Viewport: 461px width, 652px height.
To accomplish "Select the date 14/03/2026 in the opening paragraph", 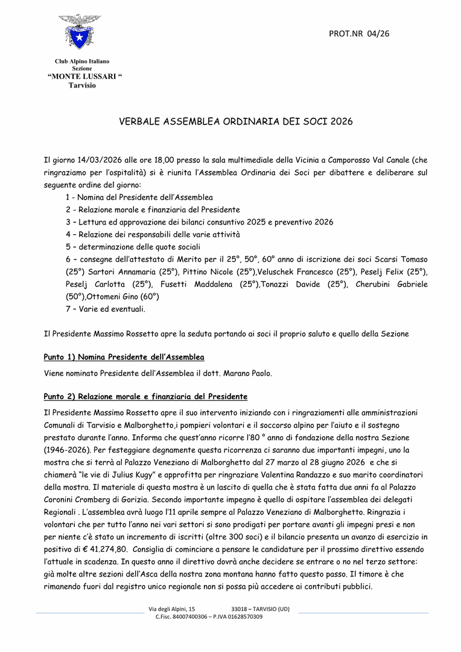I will click(100, 160).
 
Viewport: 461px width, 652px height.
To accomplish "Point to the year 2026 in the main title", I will click(340, 121).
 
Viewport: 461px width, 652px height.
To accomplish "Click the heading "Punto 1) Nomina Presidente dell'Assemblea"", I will click(124, 357).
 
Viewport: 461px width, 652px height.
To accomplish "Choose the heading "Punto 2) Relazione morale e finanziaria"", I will click(145, 397).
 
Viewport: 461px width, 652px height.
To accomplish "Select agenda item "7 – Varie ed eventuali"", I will click(105, 309).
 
